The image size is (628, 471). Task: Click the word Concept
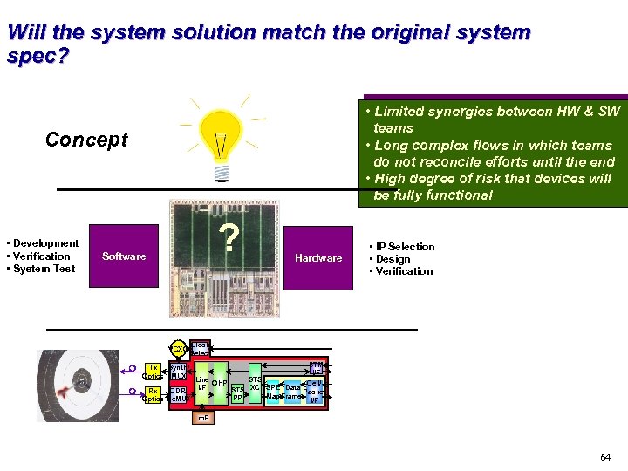coord(86,140)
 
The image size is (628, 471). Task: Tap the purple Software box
coord(124,256)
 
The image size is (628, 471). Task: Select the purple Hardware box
coord(318,258)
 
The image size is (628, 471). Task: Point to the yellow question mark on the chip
coord(229,238)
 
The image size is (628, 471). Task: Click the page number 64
coord(605,457)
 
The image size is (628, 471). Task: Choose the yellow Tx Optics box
coord(153,371)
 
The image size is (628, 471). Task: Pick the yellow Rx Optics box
coord(153,395)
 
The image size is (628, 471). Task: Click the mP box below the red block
coord(201,419)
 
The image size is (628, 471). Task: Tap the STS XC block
coord(255,383)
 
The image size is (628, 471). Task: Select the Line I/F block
coord(201,384)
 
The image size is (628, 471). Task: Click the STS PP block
coord(237,395)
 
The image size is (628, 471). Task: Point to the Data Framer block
coord(292,392)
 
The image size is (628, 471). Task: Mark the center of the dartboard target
coord(81,381)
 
